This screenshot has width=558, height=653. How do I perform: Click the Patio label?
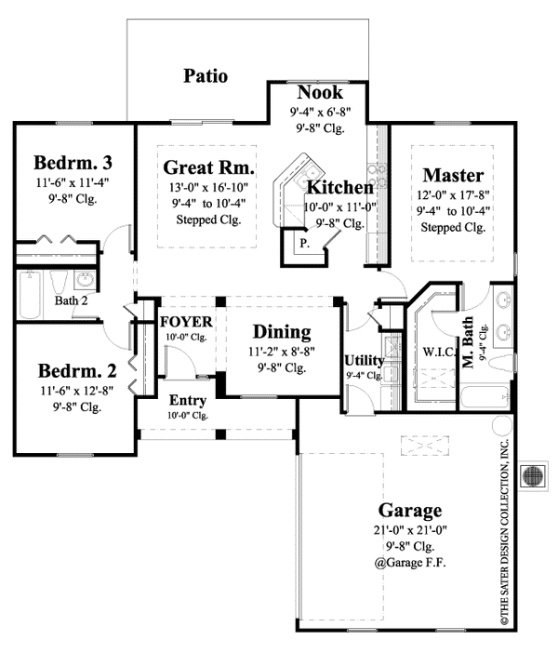(206, 75)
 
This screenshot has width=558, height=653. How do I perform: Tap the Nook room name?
(319, 93)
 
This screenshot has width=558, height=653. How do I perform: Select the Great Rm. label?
(208, 167)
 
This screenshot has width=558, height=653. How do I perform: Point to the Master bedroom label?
(453, 174)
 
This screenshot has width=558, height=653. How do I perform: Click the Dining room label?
(282, 332)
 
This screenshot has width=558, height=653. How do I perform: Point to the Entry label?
(187, 400)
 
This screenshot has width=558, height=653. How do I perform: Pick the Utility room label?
(362, 361)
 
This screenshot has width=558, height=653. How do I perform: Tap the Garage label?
(409, 510)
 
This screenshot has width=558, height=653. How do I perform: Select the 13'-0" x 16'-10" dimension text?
(208, 187)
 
